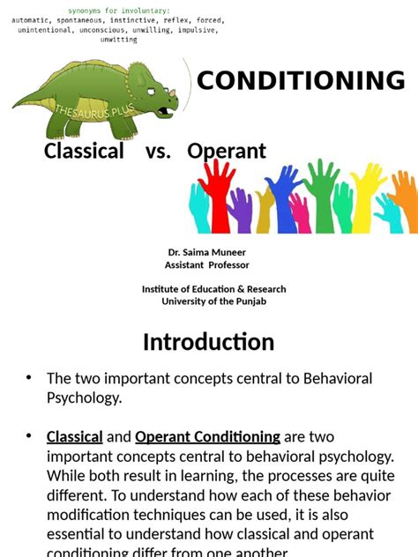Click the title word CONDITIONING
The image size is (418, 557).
[x=301, y=81]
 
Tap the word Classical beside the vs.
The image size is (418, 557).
[x=84, y=151]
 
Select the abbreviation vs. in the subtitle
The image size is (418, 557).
[x=158, y=151]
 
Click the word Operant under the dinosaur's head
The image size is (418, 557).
[x=227, y=151]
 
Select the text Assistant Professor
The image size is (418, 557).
[x=207, y=264]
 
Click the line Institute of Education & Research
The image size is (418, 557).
[x=213, y=289]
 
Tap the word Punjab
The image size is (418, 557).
[x=247, y=301]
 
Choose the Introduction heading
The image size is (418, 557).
[x=209, y=341]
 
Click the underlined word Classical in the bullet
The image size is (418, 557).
[x=74, y=436]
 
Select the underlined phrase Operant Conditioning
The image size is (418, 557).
[x=207, y=436]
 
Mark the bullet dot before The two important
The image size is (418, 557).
[x=28, y=378]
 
